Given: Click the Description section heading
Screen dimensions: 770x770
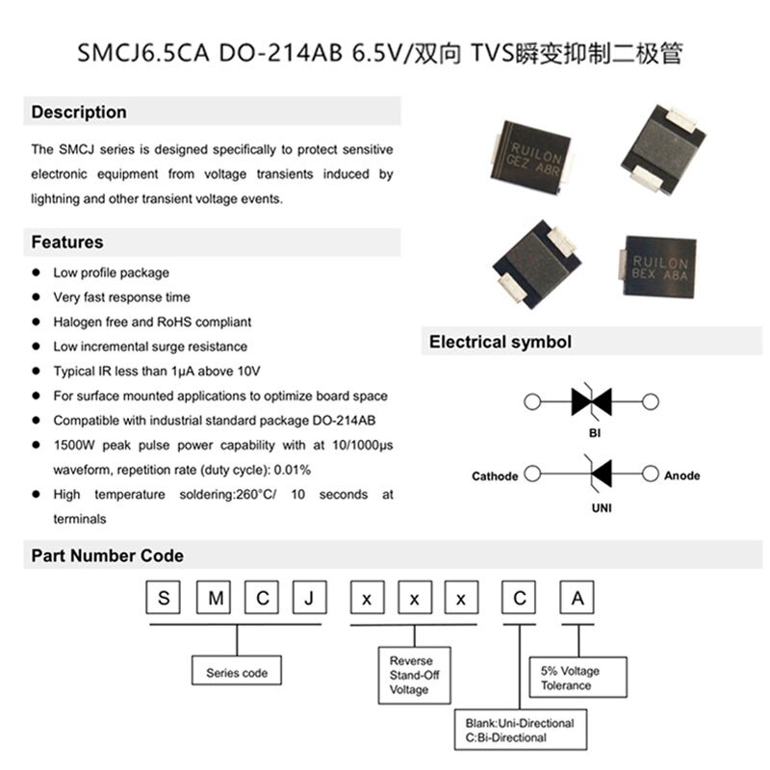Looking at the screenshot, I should tap(79, 113).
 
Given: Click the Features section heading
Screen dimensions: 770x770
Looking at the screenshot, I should tap(67, 243).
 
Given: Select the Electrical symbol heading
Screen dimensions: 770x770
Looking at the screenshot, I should tap(500, 342).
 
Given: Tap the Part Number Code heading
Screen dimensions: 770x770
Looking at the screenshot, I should tap(107, 556).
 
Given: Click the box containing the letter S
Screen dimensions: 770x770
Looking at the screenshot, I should tap(164, 600).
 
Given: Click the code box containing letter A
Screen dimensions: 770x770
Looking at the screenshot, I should tap(577, 600).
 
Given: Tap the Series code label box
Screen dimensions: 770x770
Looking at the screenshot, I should tap(237, 673).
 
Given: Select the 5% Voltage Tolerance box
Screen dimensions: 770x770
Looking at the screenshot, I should tap(577, 679).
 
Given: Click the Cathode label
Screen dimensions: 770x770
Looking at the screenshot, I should tap(495, 476).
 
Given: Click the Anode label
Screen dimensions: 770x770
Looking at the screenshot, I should tap(681, 475).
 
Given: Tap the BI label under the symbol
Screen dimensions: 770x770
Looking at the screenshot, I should tap(594, 433).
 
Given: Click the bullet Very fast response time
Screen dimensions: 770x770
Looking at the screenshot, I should tap(121, 297).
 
